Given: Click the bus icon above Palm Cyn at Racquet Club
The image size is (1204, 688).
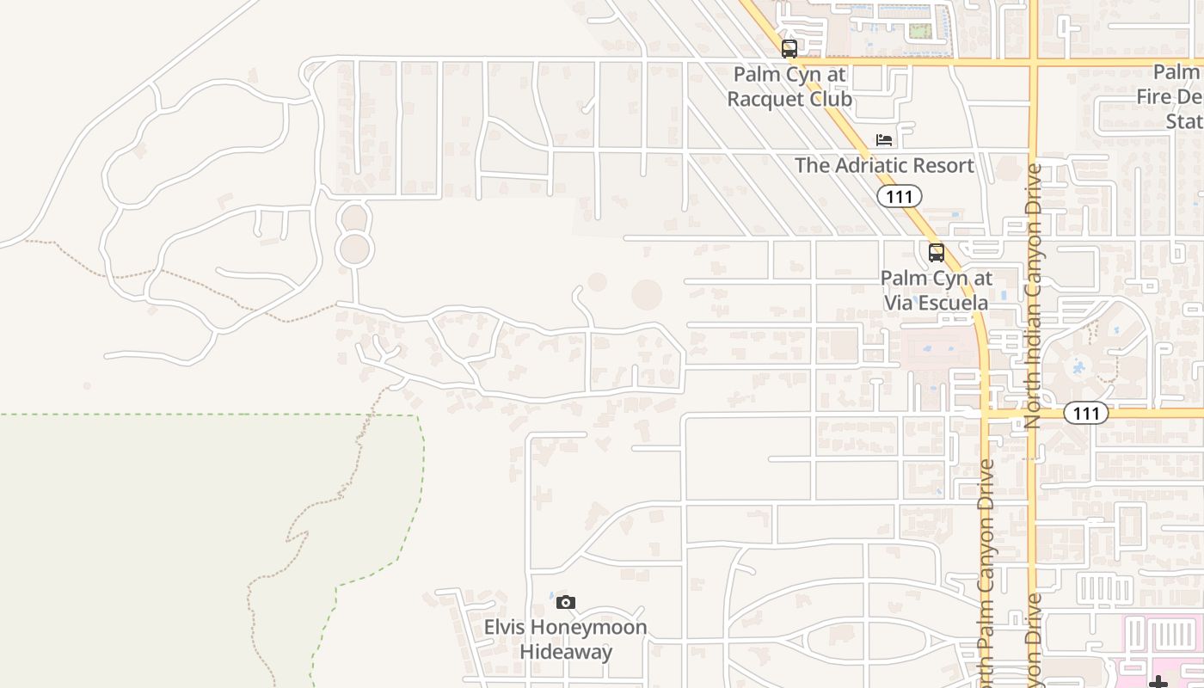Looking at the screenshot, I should click(789, 49).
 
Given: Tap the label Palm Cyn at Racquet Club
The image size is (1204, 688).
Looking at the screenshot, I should click(789, 87).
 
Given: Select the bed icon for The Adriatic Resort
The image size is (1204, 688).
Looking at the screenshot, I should click(884, 140).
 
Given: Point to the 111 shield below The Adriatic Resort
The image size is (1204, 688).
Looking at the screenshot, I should click(900, 196).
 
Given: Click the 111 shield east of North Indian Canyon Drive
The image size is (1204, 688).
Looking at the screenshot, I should click(1086, 414).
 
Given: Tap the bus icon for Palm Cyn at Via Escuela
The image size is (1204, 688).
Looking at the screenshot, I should click(937, 253).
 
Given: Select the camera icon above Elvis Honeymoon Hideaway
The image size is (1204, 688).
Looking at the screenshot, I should click(565, 602).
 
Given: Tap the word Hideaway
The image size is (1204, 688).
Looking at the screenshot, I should click(566, 652).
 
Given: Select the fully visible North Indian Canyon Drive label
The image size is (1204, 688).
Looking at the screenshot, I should click(1033, 297).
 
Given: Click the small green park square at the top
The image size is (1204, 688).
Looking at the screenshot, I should click(920, 31).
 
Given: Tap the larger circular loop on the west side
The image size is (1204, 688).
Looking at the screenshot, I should click(354, 249).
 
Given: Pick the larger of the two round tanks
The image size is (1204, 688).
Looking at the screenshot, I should click(647, 295).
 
